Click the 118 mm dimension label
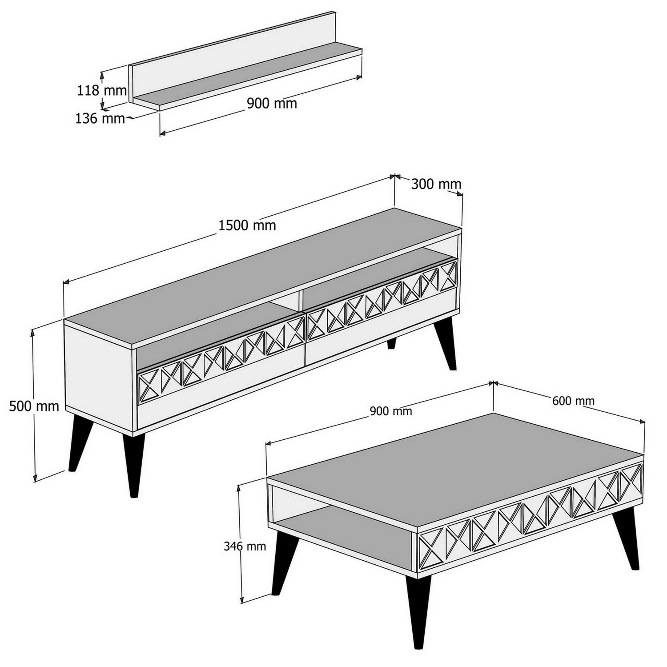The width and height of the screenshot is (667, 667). [102, 91]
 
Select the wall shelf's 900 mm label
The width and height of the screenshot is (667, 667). [272, 104]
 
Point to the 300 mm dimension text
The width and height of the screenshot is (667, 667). [436, 184]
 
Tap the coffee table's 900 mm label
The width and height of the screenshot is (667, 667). [391, 411]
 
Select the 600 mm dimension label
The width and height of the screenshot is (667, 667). [573, 401]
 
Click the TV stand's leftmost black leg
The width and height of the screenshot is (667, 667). [80, 445]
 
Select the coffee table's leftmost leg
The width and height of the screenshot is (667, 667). [281, 563]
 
